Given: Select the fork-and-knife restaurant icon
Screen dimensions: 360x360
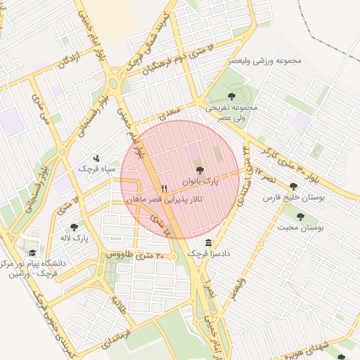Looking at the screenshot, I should [x=165, y=188].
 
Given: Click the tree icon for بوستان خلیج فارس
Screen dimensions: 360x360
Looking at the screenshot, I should [x=293, y=186].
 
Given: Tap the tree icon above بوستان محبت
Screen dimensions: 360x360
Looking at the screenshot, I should [x=300, y=217].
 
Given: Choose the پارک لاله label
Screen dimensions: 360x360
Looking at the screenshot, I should [x=75, y=238].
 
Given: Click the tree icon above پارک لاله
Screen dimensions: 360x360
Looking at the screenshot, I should [x=75, y=227].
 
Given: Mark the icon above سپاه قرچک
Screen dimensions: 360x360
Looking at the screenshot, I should [x=96, y=157].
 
